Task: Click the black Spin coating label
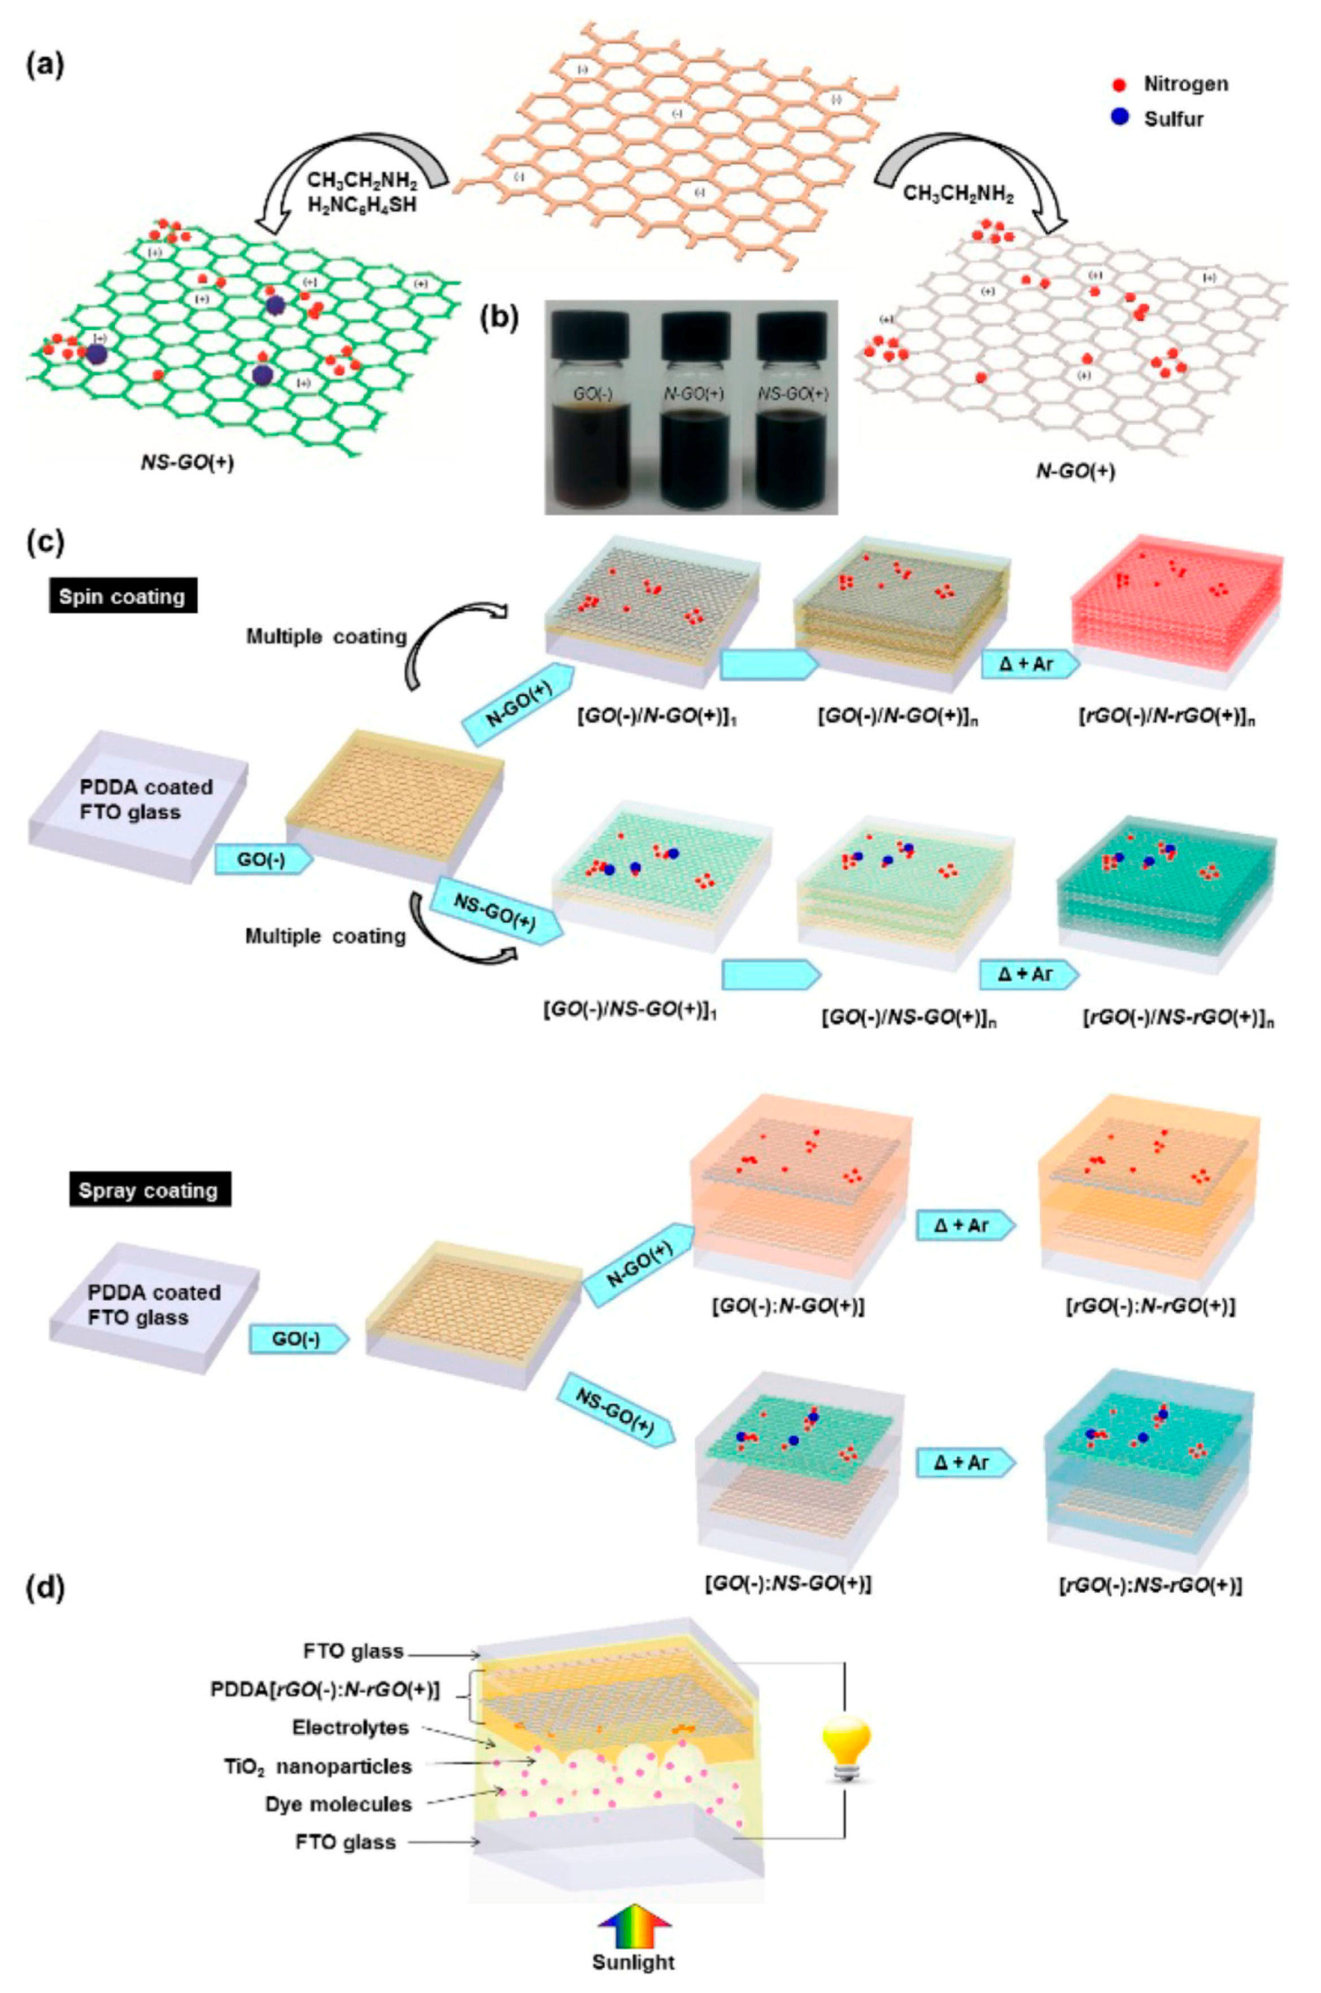click(x=123, y=596)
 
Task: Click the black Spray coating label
click(x=149, y=1191)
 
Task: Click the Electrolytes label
click(x=351, y=1728)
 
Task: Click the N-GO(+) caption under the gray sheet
click(x=1075, y=471)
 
